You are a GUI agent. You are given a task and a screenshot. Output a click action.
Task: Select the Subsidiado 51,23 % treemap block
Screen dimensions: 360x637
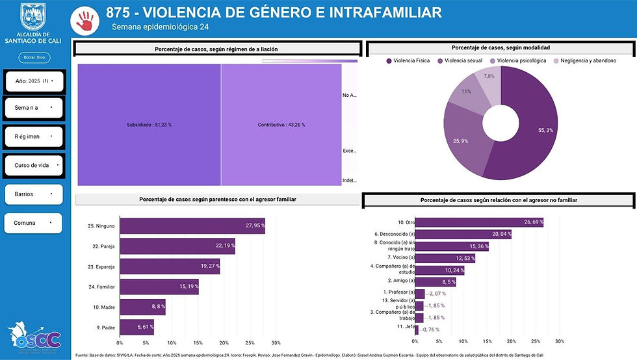pos(149,124)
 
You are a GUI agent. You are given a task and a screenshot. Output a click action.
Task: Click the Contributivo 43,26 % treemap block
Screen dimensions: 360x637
pos(281,124)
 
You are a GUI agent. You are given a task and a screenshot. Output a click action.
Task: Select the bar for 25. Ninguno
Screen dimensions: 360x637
pos(192,225)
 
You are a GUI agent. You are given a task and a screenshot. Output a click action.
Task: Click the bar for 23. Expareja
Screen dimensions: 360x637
pos(169,266)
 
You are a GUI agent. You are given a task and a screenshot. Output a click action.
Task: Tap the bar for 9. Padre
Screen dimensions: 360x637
pos(136,327)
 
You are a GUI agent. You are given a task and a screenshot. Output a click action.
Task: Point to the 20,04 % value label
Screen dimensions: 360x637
pos(500,234)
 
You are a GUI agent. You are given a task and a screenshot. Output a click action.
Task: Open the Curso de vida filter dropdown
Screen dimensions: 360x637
pos(34,165)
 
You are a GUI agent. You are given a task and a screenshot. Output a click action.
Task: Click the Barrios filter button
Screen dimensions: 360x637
pos(34,194)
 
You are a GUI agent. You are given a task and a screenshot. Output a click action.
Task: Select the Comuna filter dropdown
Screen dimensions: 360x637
pos(34,223)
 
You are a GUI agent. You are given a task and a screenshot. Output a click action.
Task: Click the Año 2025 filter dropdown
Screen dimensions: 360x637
pos(34,81)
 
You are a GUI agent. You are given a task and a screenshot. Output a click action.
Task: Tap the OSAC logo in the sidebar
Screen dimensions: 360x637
pos(34,336)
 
